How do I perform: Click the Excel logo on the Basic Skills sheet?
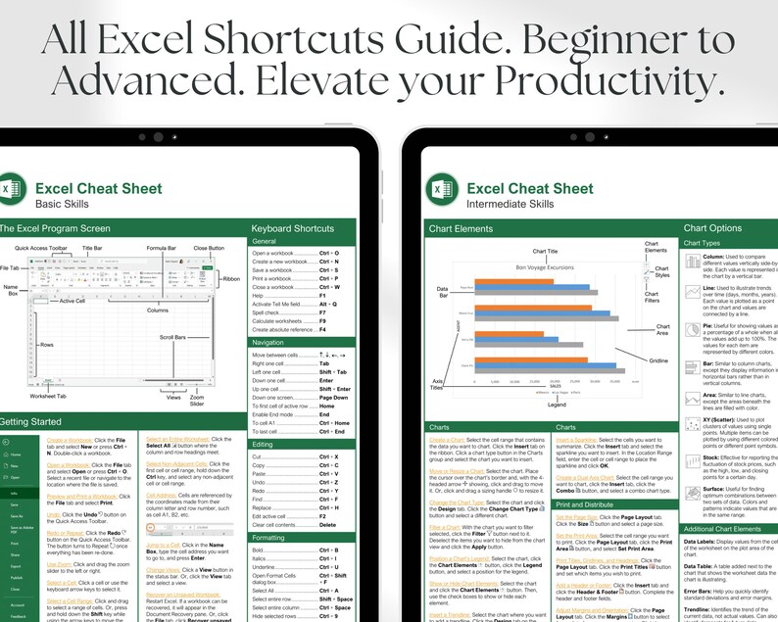pos(11,187)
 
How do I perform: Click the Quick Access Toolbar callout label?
pos(41,249)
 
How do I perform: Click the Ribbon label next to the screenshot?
pos(232,279)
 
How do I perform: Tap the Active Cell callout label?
pos(72,301)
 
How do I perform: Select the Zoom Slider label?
pos(197,399)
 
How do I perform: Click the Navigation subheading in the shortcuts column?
pos(268,342)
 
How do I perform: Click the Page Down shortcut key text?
pos(333,398)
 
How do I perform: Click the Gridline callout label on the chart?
pos(658,360)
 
